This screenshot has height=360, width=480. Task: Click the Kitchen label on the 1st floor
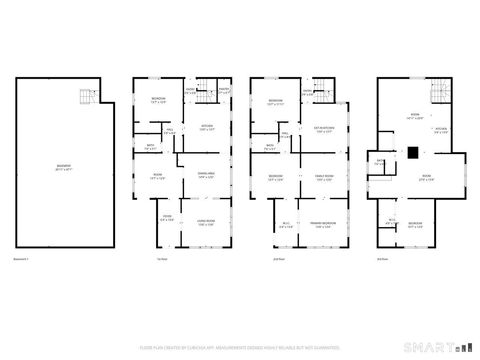pos(207,128)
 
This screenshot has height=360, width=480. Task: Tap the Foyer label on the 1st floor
pos(168,217)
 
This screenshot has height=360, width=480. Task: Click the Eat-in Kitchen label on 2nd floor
pos(324,128)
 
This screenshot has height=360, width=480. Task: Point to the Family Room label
pos(324,176)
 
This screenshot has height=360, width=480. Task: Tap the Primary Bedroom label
pos(322,224)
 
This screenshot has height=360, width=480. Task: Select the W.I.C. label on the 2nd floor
pos(286,224)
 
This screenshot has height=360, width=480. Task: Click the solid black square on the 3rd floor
pos(412,152)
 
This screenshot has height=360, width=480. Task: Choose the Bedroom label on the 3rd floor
pos(415,224)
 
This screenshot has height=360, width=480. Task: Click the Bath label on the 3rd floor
pos(380,163)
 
